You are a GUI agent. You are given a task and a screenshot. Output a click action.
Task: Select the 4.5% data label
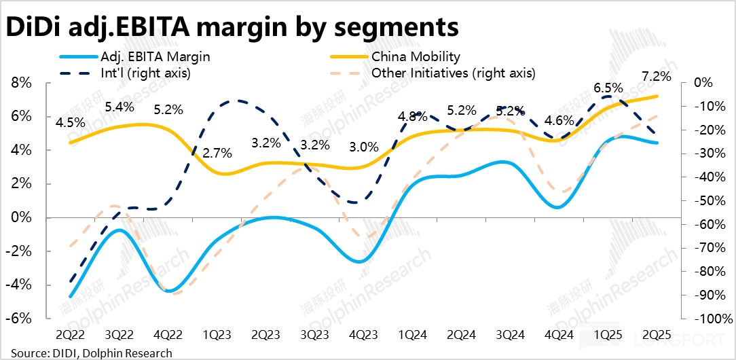71,123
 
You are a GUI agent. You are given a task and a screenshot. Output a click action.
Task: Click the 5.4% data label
119,107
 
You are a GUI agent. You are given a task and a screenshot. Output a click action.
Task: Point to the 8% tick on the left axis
23,83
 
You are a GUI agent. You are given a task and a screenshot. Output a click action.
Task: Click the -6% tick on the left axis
20,319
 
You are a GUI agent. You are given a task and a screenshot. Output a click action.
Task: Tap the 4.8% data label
412,116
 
